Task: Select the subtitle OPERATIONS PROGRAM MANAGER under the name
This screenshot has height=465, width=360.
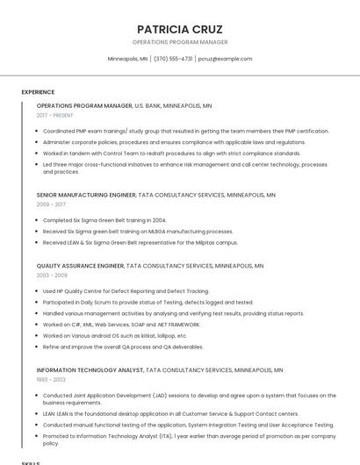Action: tap(180, 42)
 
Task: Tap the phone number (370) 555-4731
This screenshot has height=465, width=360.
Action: tap(173, 59)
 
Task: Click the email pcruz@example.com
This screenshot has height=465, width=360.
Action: tap(225, 59)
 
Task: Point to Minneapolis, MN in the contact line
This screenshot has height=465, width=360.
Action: tap(128, 59)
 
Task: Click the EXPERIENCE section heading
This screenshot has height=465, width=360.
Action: tap(38, 91)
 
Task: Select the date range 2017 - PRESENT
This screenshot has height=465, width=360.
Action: tap(55, 115)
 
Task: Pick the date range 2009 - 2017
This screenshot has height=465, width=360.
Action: tap(51, 204)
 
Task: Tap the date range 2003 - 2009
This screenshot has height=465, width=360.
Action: tap(52, 275)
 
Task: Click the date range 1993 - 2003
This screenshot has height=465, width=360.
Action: tap(51, 380)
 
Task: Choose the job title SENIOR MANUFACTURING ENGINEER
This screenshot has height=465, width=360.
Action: tap(86, 194)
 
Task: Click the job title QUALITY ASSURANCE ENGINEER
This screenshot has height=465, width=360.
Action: tap(81, 265)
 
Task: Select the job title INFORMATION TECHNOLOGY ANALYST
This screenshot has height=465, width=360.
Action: tap(90, 370)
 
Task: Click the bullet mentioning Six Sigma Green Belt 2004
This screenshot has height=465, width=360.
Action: tap(104, 220)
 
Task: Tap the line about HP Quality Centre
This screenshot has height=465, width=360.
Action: tap(126, 290)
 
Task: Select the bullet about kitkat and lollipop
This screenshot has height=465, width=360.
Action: tap(115, 335)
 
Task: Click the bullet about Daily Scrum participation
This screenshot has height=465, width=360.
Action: tap(148, 302)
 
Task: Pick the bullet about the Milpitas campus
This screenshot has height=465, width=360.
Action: tap(140, 242)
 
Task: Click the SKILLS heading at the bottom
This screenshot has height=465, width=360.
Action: tap(31, 461)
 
